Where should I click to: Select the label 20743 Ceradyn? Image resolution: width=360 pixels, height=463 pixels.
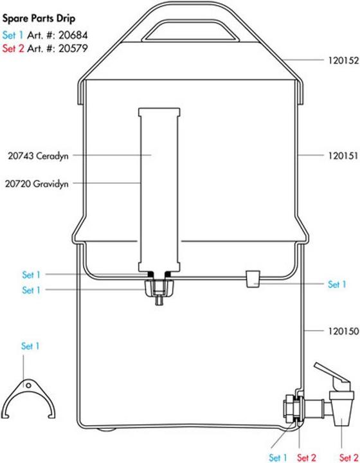click(39, 155)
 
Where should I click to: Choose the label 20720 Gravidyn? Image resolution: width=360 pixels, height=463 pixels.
click(39, 183)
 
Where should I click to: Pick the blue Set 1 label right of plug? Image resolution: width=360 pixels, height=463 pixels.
click(337, 284)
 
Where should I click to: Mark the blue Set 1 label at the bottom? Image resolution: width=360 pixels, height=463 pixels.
click(278, 458)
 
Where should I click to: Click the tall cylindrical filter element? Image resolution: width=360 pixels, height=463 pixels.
click(158, 186)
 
